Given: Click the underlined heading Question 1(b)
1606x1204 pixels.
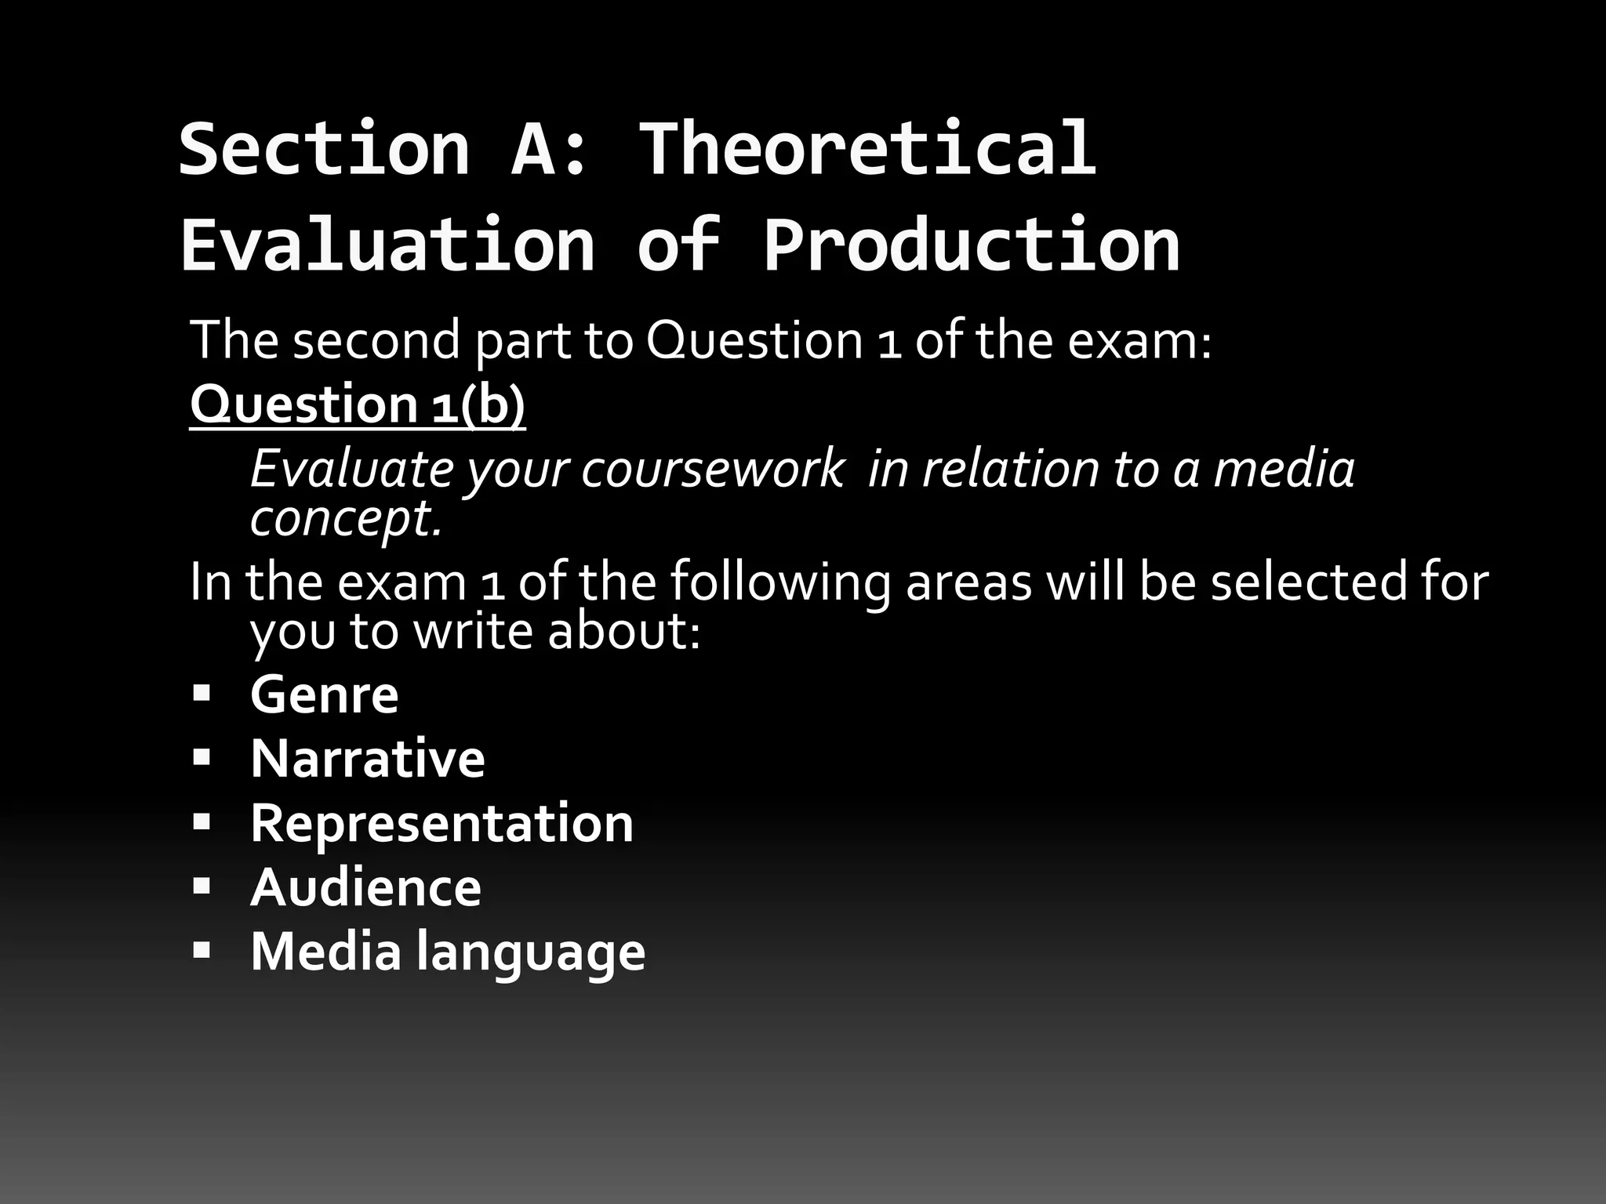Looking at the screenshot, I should coord(358,404).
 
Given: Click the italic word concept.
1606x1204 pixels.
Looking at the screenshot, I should coord(346,518).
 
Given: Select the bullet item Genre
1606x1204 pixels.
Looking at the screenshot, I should coord(324,694).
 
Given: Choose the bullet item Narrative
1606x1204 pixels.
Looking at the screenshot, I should coord(367,759).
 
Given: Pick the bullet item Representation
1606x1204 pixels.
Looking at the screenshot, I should coord(441,823).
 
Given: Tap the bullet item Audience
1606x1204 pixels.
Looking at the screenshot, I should coord(365,887).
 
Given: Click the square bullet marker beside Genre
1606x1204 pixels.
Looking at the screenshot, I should coord(202,694).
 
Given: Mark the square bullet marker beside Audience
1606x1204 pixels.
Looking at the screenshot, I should coord(202,887).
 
